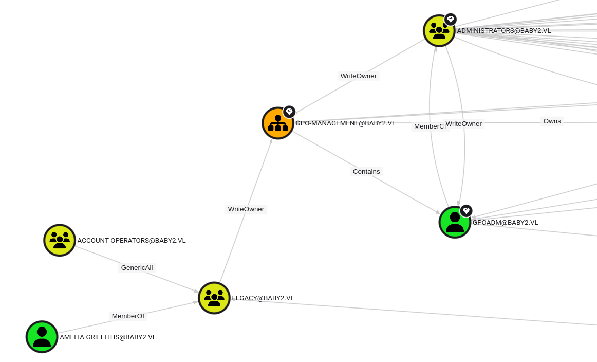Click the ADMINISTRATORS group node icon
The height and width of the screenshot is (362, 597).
[439, 31]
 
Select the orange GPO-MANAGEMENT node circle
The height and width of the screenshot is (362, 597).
[277, 123]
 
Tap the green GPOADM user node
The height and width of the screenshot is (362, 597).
[455, 223]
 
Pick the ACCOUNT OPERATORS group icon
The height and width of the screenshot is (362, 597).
[60, 240]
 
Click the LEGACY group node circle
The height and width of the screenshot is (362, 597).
[214, 298]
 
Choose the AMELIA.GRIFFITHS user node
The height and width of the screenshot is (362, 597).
[42, 337]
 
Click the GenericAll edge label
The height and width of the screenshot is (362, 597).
[137, 268]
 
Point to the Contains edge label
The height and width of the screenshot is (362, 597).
[366, 172]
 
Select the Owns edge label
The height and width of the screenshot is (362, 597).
[552, 121]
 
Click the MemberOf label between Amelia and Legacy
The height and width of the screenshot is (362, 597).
[128, 316]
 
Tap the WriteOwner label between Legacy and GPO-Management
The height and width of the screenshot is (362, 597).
[246, 209]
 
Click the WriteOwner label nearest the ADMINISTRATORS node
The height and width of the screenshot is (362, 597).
[359, 76]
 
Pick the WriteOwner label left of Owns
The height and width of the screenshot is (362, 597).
[463, 124]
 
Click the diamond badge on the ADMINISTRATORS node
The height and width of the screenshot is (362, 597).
[451, 20]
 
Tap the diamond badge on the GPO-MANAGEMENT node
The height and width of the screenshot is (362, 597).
[289, 112]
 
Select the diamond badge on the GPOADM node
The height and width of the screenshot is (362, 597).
[466, 211]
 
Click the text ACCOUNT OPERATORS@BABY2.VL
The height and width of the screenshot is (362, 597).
[132, 241]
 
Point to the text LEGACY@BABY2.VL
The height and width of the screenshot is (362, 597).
[263, 298]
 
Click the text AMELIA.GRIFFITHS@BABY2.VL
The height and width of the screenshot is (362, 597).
[108, 337]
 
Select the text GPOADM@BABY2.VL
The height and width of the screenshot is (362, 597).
[506, 223]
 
